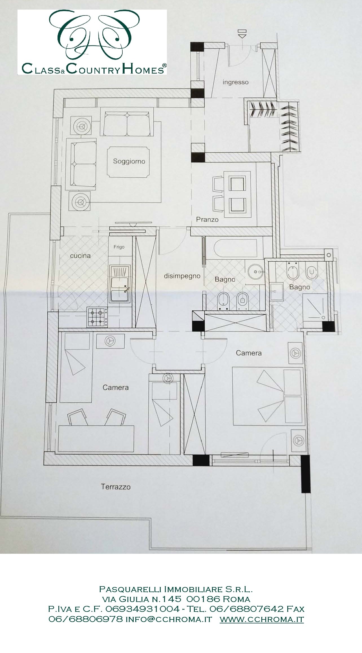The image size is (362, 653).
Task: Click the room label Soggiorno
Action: [129, 161]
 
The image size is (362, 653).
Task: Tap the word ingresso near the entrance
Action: [235, 82]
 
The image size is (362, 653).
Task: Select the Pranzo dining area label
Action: [207, 219]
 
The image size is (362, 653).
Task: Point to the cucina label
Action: [80, 256]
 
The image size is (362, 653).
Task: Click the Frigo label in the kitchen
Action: [119, 247]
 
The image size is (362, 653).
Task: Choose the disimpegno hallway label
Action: [182, 276]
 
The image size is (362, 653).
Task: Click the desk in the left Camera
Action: [96, 439]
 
